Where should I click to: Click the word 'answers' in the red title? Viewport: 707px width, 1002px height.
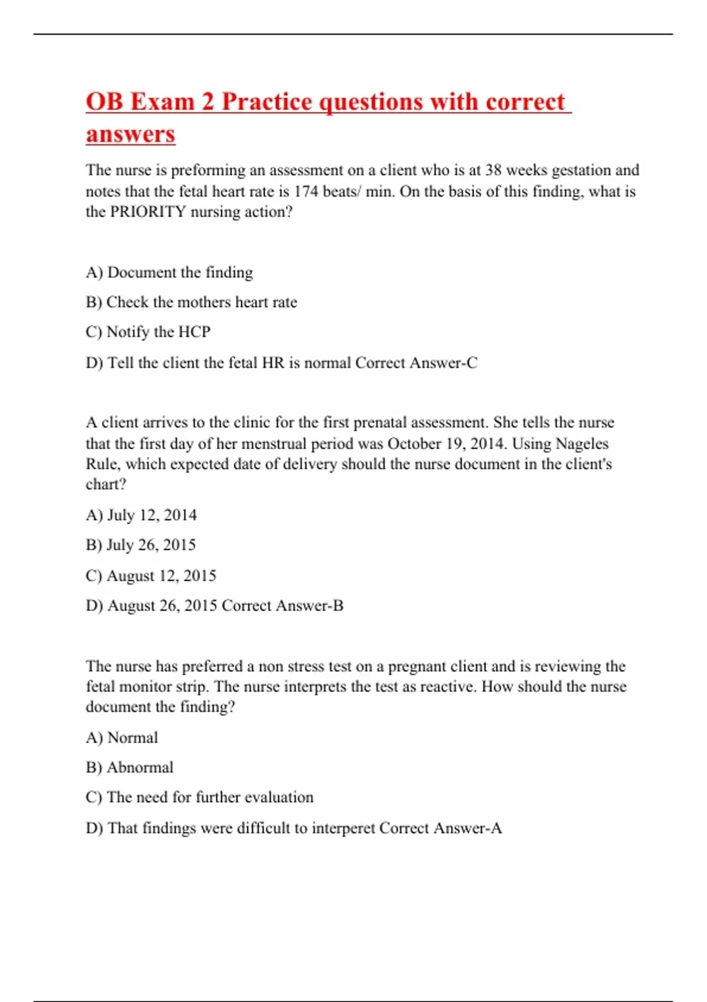(130, 134)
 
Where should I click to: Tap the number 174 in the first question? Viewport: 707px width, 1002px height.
(306, 192)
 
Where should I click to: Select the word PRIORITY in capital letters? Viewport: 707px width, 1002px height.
(148, 212)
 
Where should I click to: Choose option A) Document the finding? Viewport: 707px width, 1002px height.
(169, 272)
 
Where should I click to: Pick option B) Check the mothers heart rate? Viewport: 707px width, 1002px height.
(191, 302)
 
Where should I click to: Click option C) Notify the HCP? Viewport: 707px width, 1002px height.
(148, 332)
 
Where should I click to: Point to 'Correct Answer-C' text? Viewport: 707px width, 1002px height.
(416, 362)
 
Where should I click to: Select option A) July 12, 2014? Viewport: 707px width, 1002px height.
(141, 515)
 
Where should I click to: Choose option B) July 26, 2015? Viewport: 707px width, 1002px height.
(141, 545)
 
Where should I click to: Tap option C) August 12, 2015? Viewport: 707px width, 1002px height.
(151, 575)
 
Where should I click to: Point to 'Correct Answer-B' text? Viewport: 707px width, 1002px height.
(282, 605)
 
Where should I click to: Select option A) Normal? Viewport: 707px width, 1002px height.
(122, 737)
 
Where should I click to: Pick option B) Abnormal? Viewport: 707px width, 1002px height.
(130, 767)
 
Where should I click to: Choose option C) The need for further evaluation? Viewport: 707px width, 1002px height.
(200, 797)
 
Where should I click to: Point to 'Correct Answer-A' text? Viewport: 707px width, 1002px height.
(440, 828)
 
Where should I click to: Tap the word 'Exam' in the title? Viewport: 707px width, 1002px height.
(162, 102)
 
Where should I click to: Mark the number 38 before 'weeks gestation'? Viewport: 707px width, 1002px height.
(493, 170)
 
